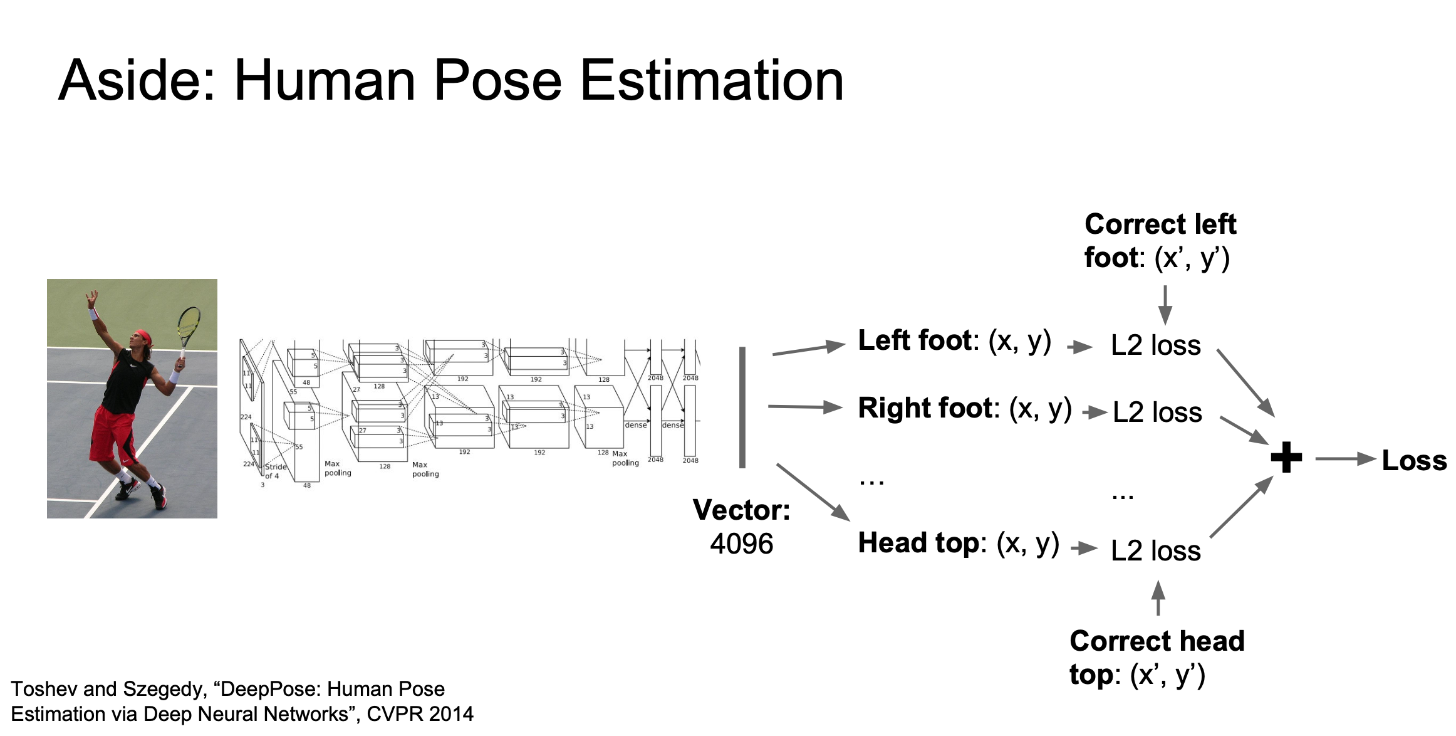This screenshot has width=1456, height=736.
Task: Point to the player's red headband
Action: click(143, 337)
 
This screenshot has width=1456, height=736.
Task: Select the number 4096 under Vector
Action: click(741, 544)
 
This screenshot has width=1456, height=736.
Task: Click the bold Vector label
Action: click(741, 510)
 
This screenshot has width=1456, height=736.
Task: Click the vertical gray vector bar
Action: click(742, 407)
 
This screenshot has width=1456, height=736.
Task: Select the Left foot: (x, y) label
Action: click(954, 341)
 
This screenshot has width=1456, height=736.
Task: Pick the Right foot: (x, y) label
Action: click(965, 409)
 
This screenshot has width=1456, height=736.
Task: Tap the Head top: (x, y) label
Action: click(959, 544)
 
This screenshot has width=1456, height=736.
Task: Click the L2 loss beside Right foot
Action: click(1157, 413)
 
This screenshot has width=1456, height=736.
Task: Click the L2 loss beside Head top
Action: click(1156, 551)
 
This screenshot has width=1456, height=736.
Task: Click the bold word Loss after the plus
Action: click(1414, 461)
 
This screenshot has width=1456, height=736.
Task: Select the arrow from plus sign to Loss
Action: click(1344, 459)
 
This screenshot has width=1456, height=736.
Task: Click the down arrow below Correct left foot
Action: click(1165, 305)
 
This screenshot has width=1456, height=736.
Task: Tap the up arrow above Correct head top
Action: click(1158, 598)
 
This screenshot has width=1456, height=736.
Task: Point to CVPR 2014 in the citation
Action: click(420, 714)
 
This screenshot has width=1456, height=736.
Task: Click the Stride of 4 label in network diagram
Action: click(275, 471)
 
